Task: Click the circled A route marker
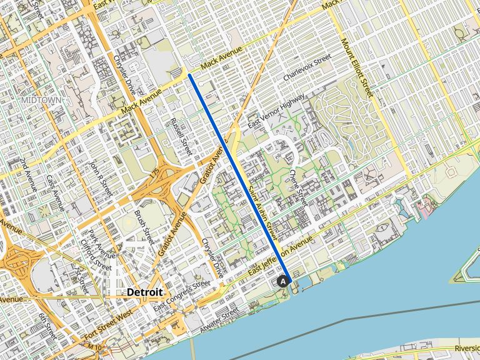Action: (283, 282)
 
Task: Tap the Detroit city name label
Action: (144, 292)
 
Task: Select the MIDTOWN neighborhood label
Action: (41, 100)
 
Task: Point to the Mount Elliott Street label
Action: (357, 68)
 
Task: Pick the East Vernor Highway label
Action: (276, 112)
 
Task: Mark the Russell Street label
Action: (182, 138)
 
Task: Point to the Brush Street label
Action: (144, 227)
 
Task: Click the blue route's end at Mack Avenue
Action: (189, 75)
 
